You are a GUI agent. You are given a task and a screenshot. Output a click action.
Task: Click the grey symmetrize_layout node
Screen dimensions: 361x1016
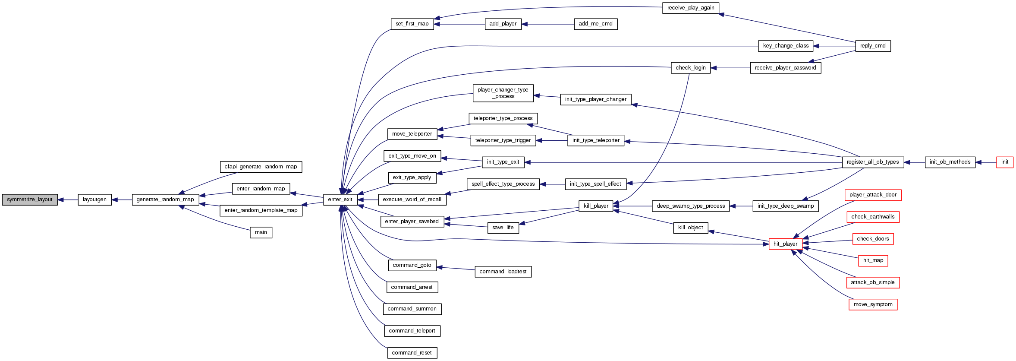pyautogui.click(x=30, y=199)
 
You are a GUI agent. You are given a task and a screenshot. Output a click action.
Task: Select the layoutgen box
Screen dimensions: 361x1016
pyautogui.click(x=94, y=199)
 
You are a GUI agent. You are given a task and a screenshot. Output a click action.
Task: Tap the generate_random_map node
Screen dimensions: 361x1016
pyautogui.click(x=165, y=199)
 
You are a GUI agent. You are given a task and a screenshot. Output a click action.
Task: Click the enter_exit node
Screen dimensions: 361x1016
pyautogui.click(x=340, y=199)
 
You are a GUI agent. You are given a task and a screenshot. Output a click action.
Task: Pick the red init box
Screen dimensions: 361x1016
pyautogui.click(x=1004, y=162)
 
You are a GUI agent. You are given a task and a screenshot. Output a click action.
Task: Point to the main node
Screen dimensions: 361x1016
pyautogui.click(x=261, y=232)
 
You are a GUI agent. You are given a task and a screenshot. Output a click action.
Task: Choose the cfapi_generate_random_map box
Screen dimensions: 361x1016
pyautogui.click(x=261, y=167)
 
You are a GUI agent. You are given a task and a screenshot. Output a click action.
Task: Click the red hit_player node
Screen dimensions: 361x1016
pyautogui.click(x=785, y=244)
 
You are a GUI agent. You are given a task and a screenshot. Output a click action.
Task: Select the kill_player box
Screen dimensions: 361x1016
pyautogui.click(x=596, y=206)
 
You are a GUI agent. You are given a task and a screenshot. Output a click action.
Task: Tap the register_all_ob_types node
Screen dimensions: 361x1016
pyautogui.click(x=872, y=162)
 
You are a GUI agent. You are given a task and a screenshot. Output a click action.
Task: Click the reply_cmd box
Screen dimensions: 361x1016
pyautogui.click(x=872, y=46)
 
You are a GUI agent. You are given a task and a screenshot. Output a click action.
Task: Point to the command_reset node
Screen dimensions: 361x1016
pyautogui.click(x=412, y=353)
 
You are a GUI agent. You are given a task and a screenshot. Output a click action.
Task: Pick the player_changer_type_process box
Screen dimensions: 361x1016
pyautogui.click(x=503, y=93)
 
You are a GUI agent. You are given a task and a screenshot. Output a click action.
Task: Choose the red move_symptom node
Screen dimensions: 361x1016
pyautogui.click(x=872, y=304)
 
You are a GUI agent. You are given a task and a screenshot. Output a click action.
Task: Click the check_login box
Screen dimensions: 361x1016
pyautogui.click(x=690, y=68)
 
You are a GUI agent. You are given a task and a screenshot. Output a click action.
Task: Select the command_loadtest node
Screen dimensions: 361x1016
pyautogui.click(x=503, y=272)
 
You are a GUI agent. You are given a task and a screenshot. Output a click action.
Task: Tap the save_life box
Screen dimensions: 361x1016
pyautogui.click(x=503, y=228)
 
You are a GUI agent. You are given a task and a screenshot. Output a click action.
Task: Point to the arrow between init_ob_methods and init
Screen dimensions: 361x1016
pyautogui.click(x=985, y=162)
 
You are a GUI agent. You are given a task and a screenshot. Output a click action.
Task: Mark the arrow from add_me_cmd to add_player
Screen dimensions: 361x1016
pyautogui.click(x=548, y=24)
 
